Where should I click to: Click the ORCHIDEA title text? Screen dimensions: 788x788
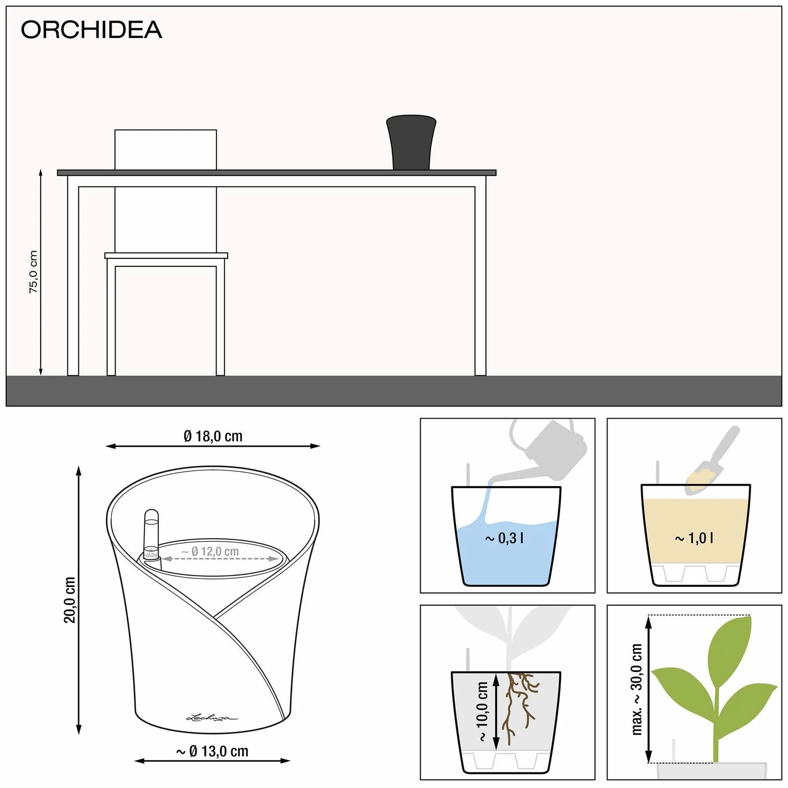point(91,30)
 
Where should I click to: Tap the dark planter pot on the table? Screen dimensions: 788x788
point(411,143)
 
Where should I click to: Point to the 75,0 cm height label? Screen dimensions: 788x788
point(33,272)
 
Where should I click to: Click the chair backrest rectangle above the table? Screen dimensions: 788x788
point(166,150)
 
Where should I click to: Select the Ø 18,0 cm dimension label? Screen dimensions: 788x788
point(213,436)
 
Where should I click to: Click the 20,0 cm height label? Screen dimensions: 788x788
point(69,600)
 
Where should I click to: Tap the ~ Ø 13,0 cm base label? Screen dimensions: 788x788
point(212,751)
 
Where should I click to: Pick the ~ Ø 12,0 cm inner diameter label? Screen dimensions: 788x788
point(210,551)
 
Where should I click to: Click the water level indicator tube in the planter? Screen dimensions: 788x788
point(151,535)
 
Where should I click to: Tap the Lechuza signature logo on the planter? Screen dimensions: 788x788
point(212,717)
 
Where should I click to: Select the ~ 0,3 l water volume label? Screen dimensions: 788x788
point(505,538)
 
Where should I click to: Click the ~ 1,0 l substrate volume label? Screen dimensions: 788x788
point(694,538)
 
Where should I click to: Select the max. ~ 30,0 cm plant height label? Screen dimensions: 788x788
point(636,688)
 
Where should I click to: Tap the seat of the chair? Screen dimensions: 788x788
point(166,255)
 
